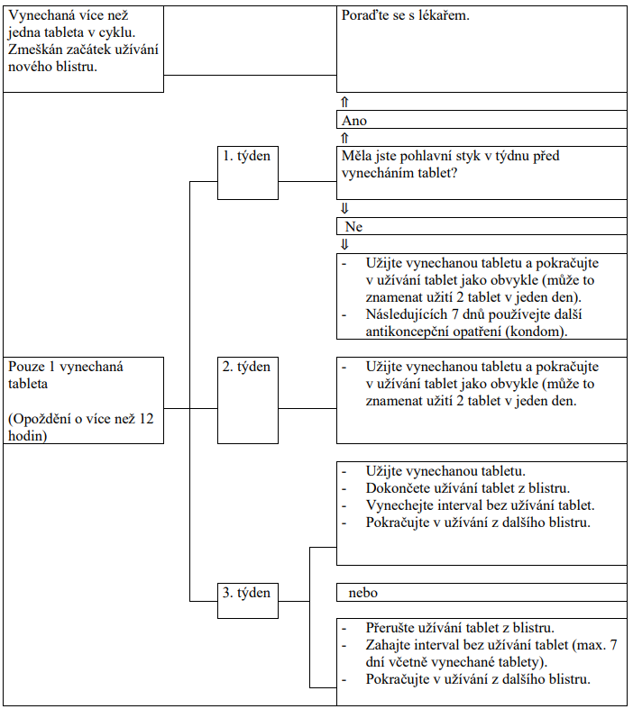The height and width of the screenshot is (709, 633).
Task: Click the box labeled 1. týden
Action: pos(247,172)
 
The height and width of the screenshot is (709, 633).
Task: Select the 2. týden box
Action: pos(247,400)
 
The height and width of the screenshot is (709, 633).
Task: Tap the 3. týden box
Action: pos(247,601)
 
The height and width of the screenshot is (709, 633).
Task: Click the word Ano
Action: pos(353,121)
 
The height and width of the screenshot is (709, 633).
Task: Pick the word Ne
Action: pos(353,226)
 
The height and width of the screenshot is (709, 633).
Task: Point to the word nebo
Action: pos(362,593)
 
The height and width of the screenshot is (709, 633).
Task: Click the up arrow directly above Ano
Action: pos(344,102)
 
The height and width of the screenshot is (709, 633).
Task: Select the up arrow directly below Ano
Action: pos(344,138)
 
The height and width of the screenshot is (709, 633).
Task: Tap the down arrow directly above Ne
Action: pos(344,208)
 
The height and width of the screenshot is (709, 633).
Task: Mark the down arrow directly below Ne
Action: pos(344,245)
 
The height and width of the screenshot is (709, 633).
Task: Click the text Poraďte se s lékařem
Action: pos(406,16)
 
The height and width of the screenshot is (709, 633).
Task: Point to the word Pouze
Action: pos(26,367)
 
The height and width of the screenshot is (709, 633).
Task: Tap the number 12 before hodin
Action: pos(146,419)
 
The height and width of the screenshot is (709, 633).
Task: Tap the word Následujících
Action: pos(407,314)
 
